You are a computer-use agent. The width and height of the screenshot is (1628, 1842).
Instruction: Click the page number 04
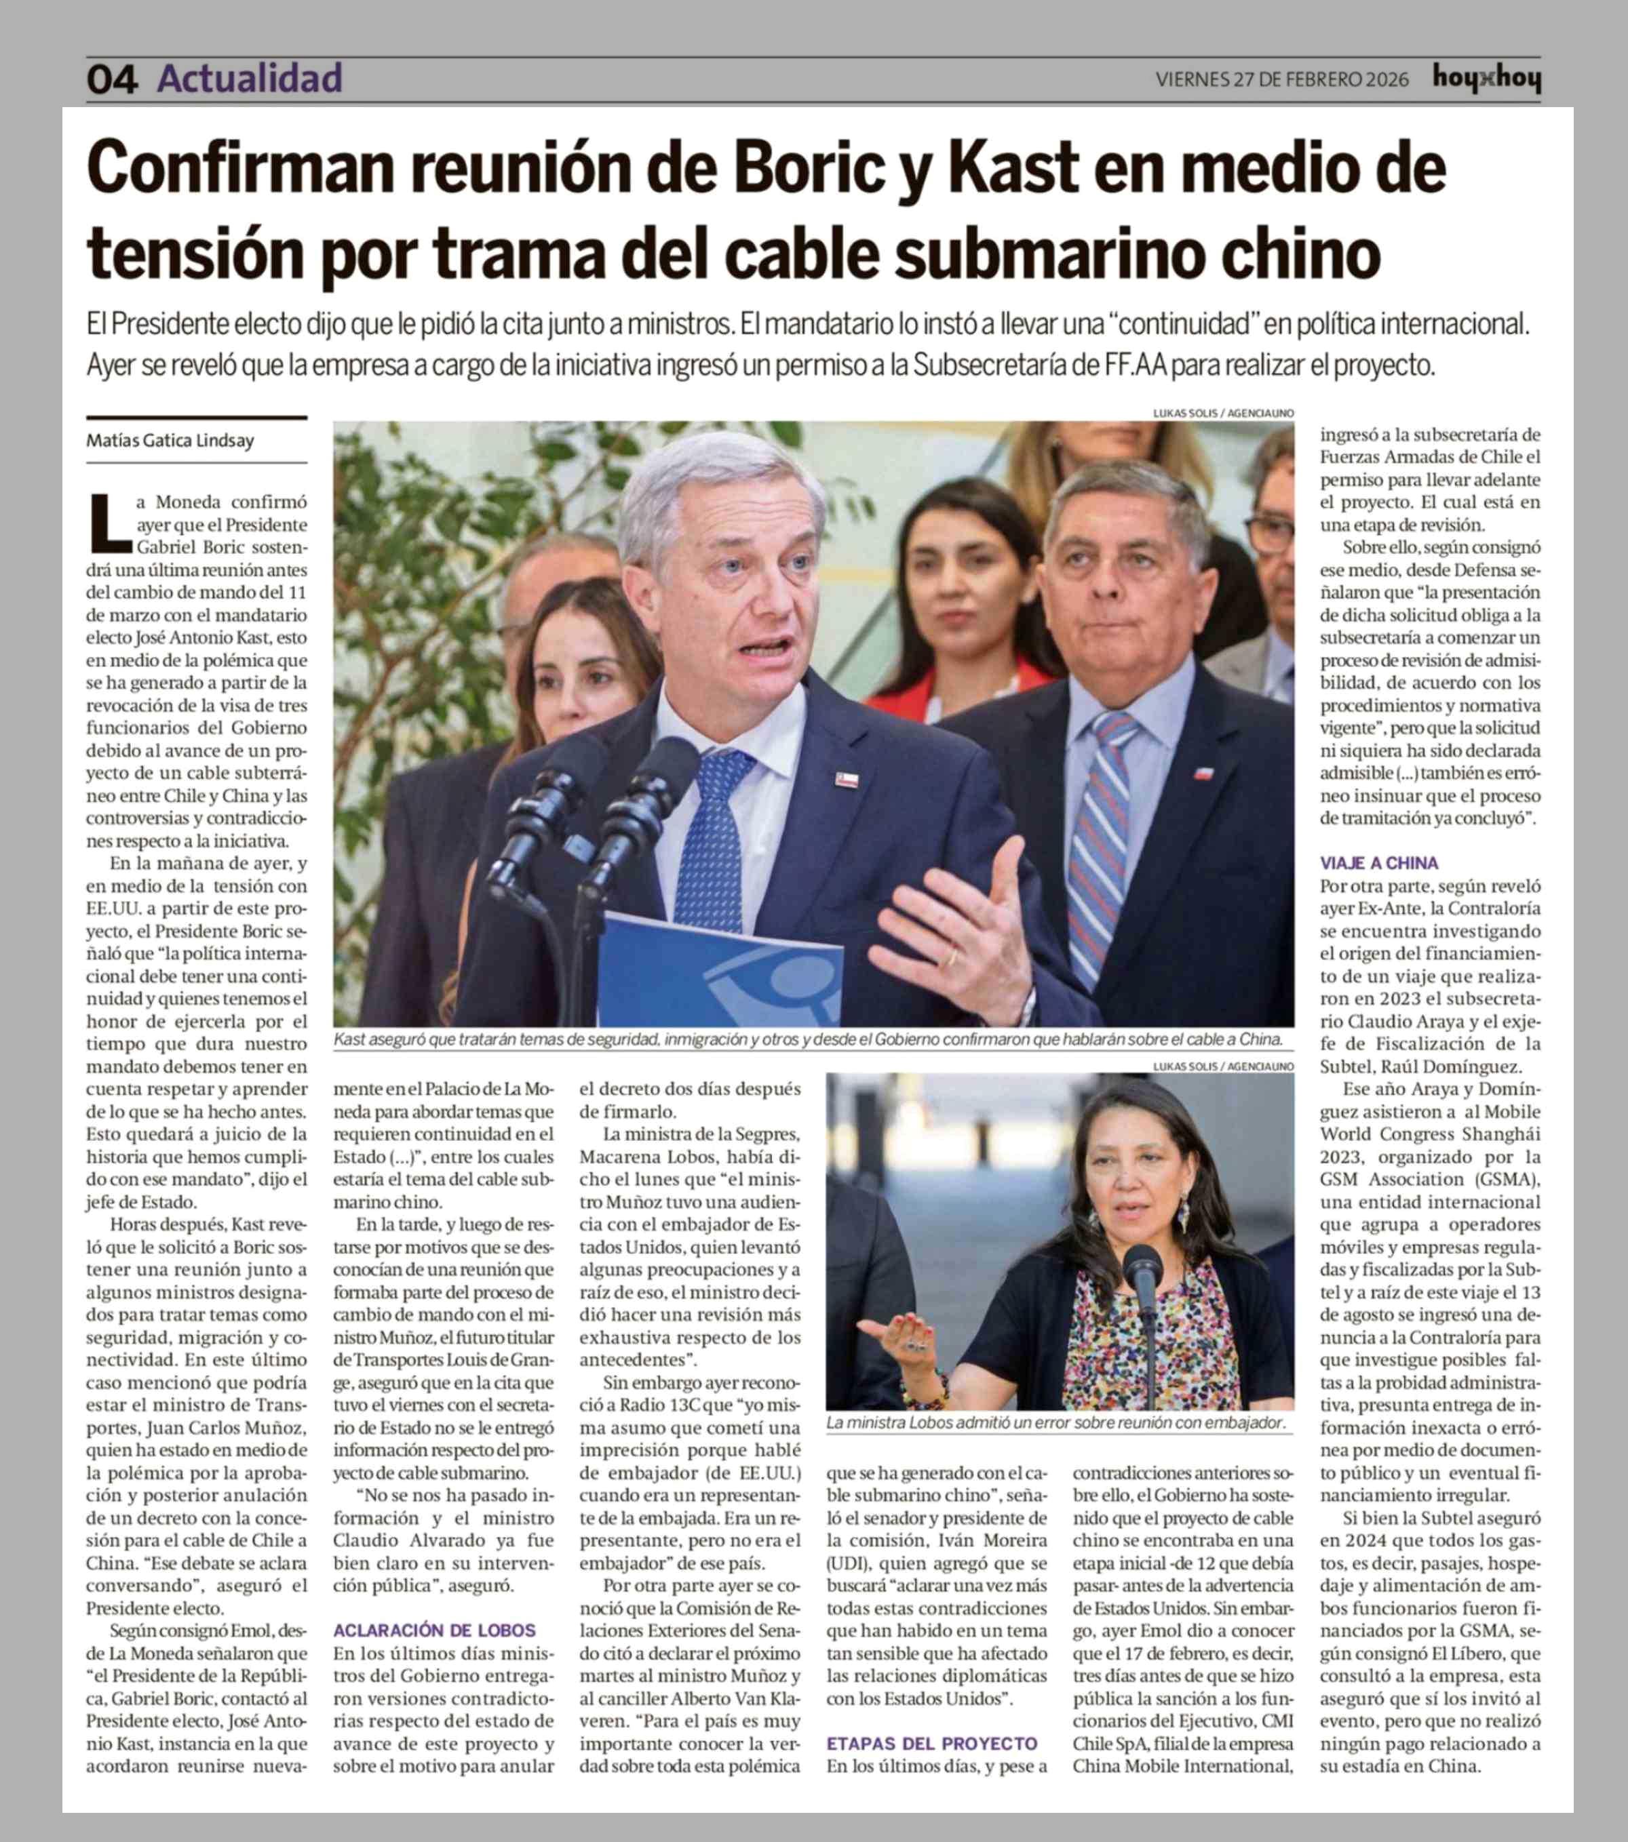[x=112, y=79]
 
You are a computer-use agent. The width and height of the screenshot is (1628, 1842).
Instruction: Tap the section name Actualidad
[x=250, y=79]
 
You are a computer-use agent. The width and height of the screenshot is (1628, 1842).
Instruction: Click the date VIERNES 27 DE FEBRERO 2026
[x=1282, y=79]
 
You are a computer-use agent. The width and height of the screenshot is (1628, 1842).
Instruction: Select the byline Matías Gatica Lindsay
[x=170, y=441]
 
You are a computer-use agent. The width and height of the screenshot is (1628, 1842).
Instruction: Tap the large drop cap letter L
[x=110, y=523]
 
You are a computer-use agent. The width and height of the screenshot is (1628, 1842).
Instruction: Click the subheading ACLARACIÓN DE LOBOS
[x=435, y=1630]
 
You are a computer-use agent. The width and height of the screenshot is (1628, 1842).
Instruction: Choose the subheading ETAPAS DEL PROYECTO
[x=932, y=1743]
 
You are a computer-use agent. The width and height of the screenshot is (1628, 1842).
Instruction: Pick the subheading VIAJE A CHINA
[x=1379, y=862]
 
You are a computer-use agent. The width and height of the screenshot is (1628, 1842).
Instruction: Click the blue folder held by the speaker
[x=721, y=974]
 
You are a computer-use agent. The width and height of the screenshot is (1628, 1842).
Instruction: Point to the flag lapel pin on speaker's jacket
[x=846, y=780]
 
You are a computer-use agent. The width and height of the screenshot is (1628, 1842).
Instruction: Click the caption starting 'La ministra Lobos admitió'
[x=1055, y=1422]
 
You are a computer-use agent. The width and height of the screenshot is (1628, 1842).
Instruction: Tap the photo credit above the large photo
[x=1223, y=413]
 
